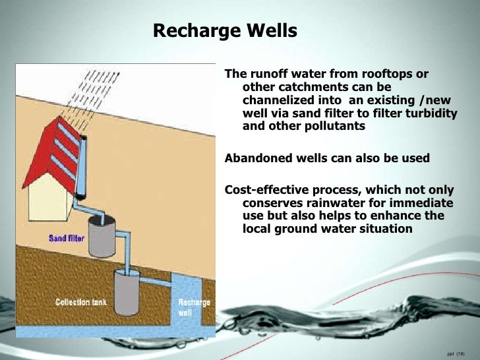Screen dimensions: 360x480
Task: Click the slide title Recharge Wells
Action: pos(225,31)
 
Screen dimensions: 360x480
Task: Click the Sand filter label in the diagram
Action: pos(66,238)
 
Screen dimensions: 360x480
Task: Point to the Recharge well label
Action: pos(194,307)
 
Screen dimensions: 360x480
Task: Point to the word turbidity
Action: pos(432,113)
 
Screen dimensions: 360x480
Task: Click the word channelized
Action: pos(282,100)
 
